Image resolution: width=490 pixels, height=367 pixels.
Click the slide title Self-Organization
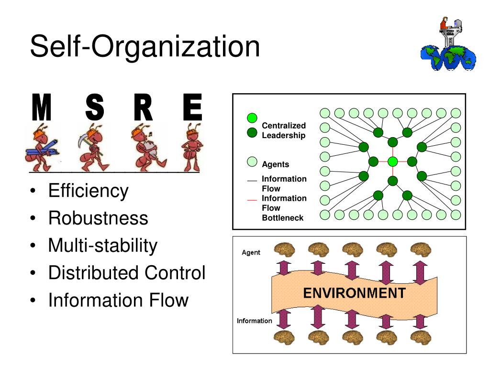pyautogui.click(x=145, y=47)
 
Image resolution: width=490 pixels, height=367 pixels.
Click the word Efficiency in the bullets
pyautogui.click(x=89, y=191)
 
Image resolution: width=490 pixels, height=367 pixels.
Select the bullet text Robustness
pyautogui.click(x=98, y=218)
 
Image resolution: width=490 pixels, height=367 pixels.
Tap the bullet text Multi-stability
pyautogui.click(x=102, y=246)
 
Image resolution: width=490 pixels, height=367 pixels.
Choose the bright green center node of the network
pyautogui.click(x=393, y=162)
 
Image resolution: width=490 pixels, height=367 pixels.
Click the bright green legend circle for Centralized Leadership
pyautogui.click(x=252, y=118)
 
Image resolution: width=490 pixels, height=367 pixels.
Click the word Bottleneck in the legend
pyautogui.click(x=282, y=218)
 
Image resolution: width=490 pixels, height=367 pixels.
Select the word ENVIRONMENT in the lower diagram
pyautogui.click(x=354, y=292)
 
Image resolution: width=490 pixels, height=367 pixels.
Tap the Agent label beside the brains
pyautogui.click(x=251, y=252)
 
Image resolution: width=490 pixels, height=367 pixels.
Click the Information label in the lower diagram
pyautogui.click(x=255, y=321)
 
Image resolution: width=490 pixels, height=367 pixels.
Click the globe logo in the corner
pyautogui.click(x=448, y=48)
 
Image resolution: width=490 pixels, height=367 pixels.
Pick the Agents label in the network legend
pyautogui.click(x=275, y=164)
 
